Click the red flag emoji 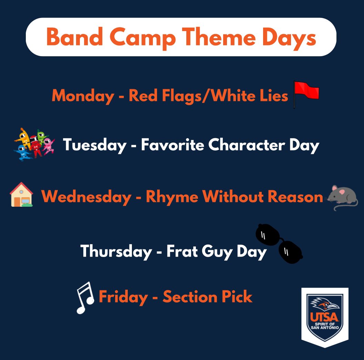pyautogui.click(x=306, y=94)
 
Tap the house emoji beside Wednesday pyautogui.click(x=21, y=194)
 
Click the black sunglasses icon pyautogui.click(x=279, y=244)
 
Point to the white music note pyautogui.click(x=85, y=298)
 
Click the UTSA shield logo pyautogui.click(x=324, y=317)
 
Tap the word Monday pyautogui.click(x=83, y=96)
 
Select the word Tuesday pyautogui.click(x=94, y=145)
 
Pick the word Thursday pyautogui.click(x=116, y=251)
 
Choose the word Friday pyautogui.click(x=123, y=297)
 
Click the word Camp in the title pyautogui.click(x=142, y=38)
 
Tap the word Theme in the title pyautogui.click(x=218, y=37)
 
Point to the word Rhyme pyautogui.click(x=172, y=197)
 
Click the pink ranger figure pyautogui.click(x=49, y=146)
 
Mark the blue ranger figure pyautogui.click(x=22, y=153)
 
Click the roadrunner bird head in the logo pyautogui.click(x=325, y=303)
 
